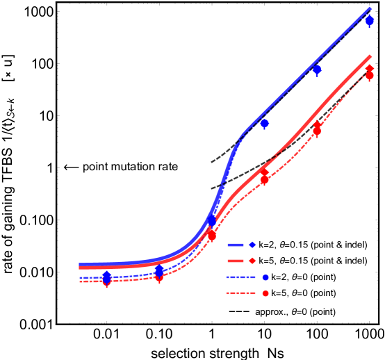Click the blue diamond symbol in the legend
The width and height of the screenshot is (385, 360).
pos(252,245)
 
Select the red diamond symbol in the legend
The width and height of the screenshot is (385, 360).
pos(252,261)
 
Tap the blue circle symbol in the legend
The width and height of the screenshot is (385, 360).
pos(265,277)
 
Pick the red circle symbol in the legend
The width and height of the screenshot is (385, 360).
pos(265,293)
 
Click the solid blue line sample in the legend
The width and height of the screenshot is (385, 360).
pos(236,245)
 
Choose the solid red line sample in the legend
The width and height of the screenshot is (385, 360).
pos(236,261)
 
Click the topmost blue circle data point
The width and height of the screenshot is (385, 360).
pos(370,21)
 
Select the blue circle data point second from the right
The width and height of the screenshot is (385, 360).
pos(317,69)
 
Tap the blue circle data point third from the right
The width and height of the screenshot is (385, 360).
pos(264,123)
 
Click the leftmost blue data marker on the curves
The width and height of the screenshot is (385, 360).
pos(106,277)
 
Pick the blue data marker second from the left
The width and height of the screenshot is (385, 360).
pos(159,270)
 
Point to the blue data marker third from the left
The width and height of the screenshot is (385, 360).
pos(211,221)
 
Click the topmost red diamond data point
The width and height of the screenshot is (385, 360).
pos(370,69)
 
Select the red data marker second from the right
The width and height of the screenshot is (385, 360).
pos(317,129)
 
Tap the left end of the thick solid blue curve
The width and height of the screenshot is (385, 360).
pos(80,265)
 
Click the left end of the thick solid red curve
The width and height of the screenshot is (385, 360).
pos(80,268)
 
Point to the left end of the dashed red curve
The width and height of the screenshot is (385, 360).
pos(80,281)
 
